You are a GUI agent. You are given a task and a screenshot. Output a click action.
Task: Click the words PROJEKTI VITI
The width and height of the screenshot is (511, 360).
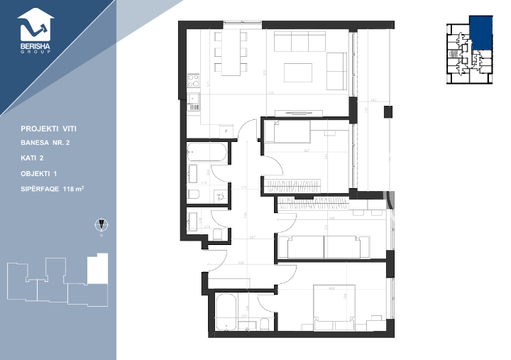(x=49, y=129)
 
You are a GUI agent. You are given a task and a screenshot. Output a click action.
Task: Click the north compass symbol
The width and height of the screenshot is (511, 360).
(x=101, y=226)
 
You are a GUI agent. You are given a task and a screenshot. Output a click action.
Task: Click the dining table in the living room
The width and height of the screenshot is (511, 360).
(x=231, y=53)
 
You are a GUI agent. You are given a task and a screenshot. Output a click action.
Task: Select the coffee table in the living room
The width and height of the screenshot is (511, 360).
(x=299, y=73)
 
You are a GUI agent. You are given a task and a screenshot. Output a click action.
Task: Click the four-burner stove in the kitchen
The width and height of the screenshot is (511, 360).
(x=193, y=80)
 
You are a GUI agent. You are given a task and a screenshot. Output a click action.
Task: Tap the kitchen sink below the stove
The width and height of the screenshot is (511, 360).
(x=193, y=102)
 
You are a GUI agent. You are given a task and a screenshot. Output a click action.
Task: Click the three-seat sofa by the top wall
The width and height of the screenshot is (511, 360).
(x=309, y=42)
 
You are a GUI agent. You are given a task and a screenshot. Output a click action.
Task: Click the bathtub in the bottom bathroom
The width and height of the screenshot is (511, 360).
(x=227, y=312)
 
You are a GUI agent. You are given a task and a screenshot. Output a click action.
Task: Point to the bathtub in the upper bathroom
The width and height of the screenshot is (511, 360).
(x=207, y=152)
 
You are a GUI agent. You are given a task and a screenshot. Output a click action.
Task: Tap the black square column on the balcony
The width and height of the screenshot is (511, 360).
(x=388, y=111)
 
